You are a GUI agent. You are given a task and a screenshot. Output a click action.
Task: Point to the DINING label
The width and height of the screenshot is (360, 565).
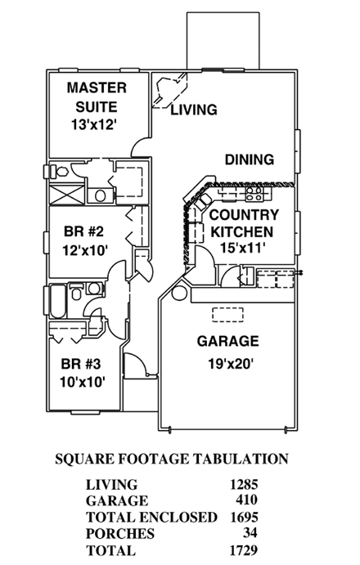pyautogui.click(x=250, y=159)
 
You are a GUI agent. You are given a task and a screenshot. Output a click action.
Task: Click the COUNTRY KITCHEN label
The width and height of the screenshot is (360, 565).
pyautogui.click(x=244, y=223)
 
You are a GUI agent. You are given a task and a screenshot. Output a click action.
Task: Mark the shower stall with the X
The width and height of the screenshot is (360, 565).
pyautogui.click(x=65, y=195)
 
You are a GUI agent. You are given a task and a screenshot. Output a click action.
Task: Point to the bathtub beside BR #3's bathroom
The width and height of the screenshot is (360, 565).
pyautogui.click(x=56, y=303)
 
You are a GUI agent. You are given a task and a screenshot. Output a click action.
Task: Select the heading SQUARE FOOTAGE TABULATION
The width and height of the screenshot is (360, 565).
pyautogui.click(x=170, y=459)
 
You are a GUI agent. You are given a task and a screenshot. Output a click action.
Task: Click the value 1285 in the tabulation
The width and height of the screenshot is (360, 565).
pyautogui.click(x=250, y=485)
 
